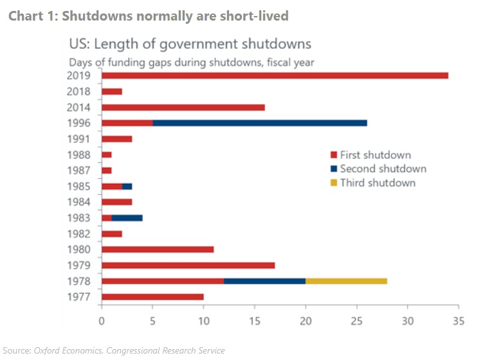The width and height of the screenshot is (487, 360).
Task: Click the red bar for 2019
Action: (275, 75)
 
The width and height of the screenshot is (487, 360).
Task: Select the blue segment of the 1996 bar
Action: (260, 123)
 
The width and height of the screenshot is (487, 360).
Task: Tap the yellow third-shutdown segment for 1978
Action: (346, 280)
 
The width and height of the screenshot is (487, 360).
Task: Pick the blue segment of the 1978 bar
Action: (264, 280)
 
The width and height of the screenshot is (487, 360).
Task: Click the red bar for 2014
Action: (183, 107)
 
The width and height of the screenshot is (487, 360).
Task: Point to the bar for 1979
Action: (188, 265)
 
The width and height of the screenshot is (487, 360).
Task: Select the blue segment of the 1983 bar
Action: (127, 217)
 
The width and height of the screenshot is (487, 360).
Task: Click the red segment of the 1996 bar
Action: (127, 123)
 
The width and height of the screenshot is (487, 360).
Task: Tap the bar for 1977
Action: (152, 296)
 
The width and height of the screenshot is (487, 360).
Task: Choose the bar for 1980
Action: (158, 249)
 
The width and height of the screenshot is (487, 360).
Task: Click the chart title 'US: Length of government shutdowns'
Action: (190, 44)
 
